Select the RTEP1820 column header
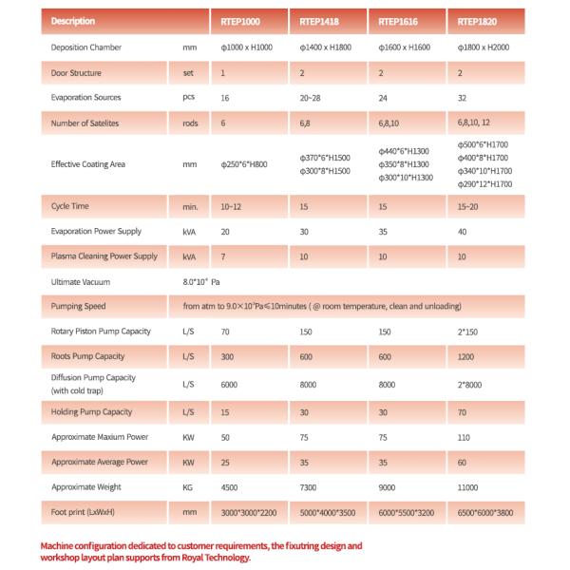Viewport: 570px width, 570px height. [475, 20]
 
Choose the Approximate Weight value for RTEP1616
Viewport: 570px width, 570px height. [388, 486]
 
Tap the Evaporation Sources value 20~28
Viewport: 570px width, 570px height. [311, 97]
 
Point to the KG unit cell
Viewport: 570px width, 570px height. [187, 486]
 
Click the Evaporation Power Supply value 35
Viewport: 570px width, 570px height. [384, 231]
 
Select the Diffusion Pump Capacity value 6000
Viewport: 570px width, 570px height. [229, 385]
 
